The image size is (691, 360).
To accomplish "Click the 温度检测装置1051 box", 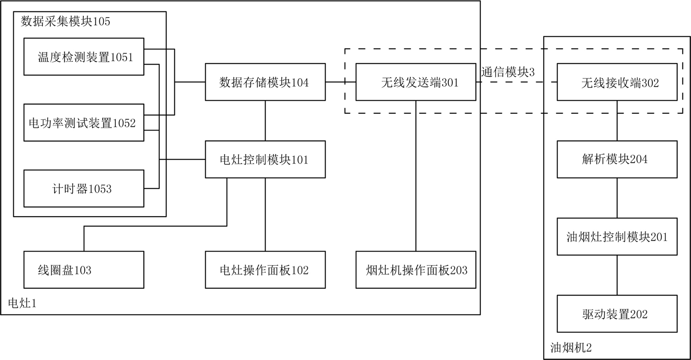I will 84,57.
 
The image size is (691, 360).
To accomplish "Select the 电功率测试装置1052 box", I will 84,123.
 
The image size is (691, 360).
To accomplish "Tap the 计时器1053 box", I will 84,188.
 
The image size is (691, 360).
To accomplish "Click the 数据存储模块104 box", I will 265,82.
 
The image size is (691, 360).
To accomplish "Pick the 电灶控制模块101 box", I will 265,159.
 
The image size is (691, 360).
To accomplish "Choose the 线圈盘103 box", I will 84,270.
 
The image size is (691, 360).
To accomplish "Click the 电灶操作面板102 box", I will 265,270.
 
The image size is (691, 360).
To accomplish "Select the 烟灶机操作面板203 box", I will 416,270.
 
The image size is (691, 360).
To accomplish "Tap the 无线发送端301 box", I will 416,82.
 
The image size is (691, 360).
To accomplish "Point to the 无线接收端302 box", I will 617,82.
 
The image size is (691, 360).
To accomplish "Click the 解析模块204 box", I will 617,159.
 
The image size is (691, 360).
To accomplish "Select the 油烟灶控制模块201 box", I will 617,236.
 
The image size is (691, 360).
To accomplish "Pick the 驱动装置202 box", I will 617,314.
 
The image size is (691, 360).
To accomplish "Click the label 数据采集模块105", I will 66,21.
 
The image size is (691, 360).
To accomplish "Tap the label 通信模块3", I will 508,72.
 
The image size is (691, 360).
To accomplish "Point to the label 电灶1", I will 22,303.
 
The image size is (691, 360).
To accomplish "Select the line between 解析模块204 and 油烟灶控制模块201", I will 617,198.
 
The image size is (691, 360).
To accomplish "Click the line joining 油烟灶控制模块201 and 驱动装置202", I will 617,275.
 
